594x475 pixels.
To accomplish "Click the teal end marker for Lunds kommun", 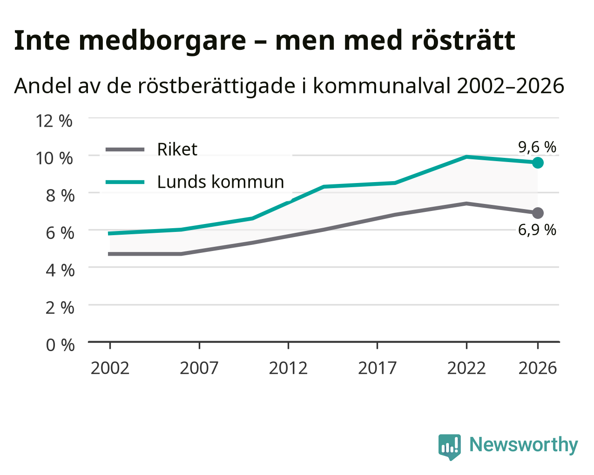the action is click(538, 163).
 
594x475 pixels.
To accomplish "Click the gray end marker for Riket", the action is click(538, 213).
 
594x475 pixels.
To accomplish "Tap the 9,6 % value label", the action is click(537, 147).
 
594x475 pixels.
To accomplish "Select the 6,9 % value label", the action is click(537, 230).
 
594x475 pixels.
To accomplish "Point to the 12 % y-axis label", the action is click(54, 121).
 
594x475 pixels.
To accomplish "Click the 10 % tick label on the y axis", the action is click(54, 158).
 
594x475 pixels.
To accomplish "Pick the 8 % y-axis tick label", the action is click(60, 196).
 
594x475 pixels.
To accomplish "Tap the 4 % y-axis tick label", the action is click(60, 271).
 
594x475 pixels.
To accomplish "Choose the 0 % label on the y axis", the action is click(60, 345).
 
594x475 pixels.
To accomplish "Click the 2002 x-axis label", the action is click(110, 368).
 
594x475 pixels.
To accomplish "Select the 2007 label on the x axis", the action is click(199, 368).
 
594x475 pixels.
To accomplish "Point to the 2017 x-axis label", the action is click(378, 368).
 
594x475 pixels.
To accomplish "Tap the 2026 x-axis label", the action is click(538, 368).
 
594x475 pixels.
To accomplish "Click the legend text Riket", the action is click(177, 149).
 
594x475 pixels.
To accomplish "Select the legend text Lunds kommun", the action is click(221, 182).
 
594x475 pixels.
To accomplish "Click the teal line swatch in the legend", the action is click(125, 182).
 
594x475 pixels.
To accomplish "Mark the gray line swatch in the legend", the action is click(125, 149).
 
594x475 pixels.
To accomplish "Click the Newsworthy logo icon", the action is click(450, 447).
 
